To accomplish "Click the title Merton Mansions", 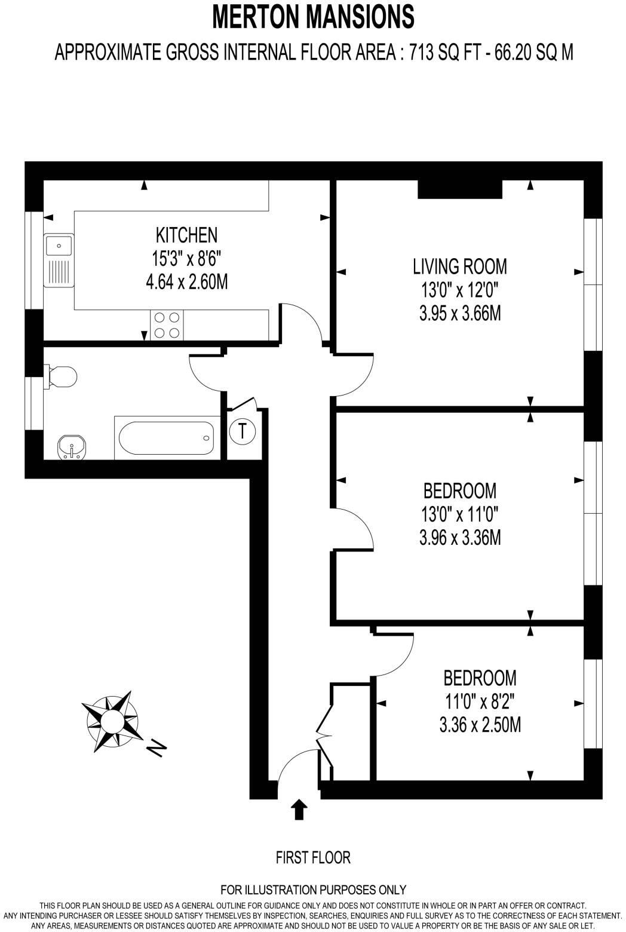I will (313, 17).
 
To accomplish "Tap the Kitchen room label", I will (186, 235).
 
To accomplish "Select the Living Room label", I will (459, 266).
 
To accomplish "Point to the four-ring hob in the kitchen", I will (167, 326).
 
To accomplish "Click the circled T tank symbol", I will (243, 430).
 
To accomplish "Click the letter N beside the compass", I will (156, 747).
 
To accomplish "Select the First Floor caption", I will (313, 857).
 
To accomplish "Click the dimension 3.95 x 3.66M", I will (459, 313).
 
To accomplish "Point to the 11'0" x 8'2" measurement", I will (480, 701).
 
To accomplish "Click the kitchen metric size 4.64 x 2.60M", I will (186, 281).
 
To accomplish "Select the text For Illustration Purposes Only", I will (313, 890).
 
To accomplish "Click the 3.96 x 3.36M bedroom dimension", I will (459, 538).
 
